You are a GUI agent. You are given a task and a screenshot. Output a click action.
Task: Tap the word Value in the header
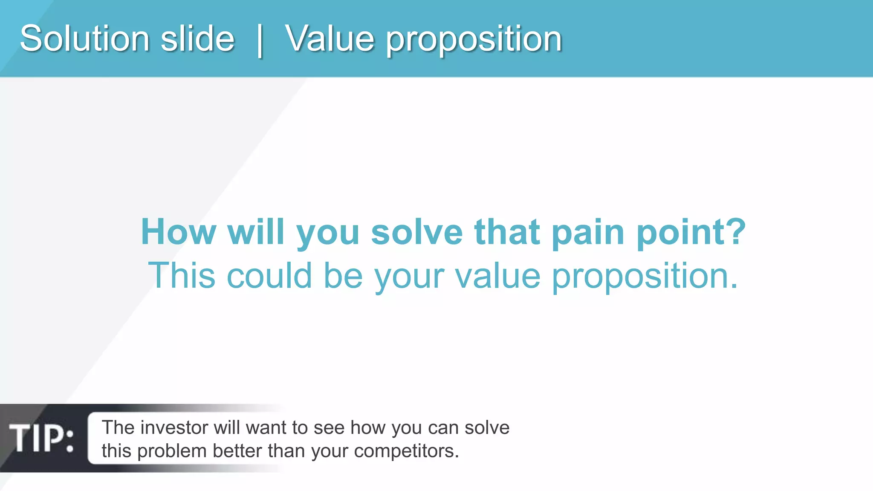pyautogui.click(x=329, y=38)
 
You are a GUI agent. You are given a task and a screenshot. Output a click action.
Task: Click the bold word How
pyautogui.click(x=178, y=232)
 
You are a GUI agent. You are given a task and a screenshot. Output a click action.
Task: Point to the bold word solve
pyautogui.click(x=416, y=232)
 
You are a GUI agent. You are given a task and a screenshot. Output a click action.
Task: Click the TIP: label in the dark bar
pyautogui.click(x=41, y=438)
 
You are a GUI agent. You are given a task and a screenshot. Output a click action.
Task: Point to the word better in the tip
pyautogui.click(x=237, y=451)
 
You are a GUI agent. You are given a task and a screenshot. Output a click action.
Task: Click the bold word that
pyautogui.click(x=507, y=232)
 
